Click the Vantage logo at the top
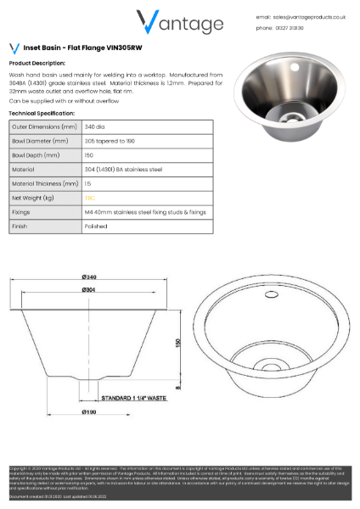180,21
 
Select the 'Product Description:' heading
37,64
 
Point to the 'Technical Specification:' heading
42,113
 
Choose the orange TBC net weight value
89,198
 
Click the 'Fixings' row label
21,212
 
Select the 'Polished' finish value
95,227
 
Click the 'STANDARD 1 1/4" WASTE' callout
136,397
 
